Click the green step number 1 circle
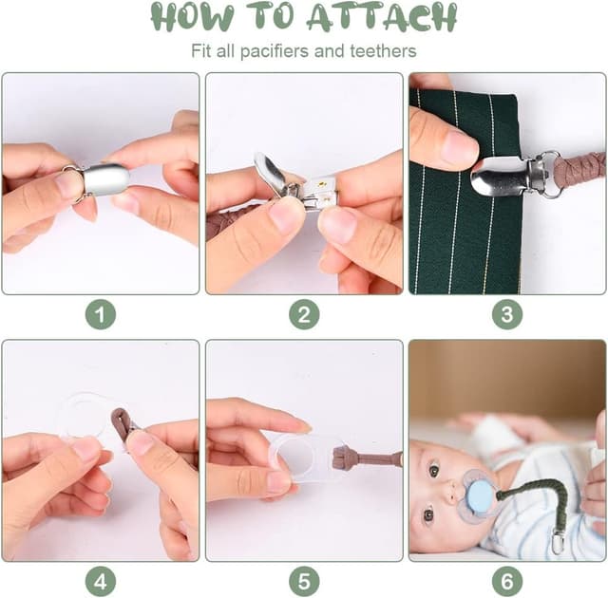pyautogui.click(x=101, y=314)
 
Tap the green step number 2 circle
pyautogui.click(x=304, y=314)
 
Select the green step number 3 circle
pyautogui.click(x=507, y=314)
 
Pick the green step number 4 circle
pyautogui.click(x=101, y=581)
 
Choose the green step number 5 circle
pyautogui.click(x=304, y=581)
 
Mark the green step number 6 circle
pyautogui.click(x=507, y=581)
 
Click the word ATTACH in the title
pyautogui.click(x=382, y=17)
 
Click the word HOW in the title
pyautogui.click(x=192, y=17)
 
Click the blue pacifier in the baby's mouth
pyautogui.click(x=479, y=495)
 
